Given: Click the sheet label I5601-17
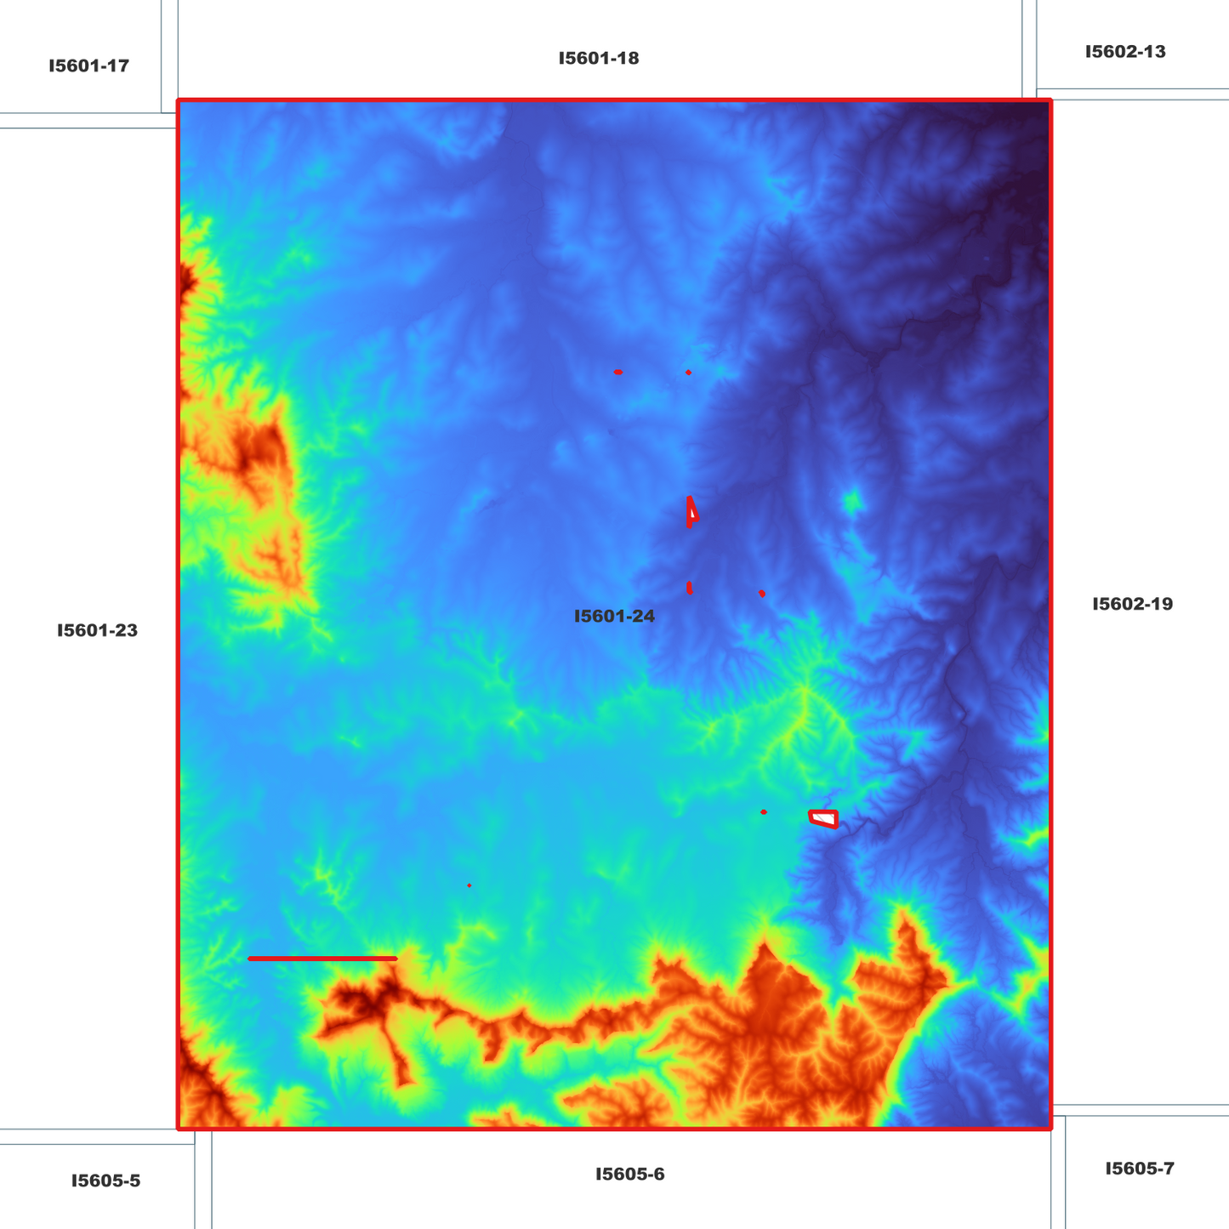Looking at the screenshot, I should coord(88,65).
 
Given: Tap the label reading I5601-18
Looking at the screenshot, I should coord(599,59).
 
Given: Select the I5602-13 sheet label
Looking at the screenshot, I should coord(1125,52).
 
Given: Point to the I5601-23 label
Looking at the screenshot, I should coord(97,631).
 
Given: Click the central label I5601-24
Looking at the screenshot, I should coord(614,616).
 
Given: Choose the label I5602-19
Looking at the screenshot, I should coord(1132,604).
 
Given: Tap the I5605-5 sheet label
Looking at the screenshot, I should coord(105,1181).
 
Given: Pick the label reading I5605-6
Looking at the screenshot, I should coord(629,1175).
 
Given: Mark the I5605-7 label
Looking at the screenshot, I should coord(1140,1169).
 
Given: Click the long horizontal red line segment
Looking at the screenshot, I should coord(322,959).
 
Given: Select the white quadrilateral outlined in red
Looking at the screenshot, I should coord(823,818).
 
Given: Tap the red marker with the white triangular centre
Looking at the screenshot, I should coord(692,512).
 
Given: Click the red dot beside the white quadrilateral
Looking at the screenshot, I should coord(764,812).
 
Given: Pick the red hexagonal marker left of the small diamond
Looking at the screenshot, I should coord(618,372).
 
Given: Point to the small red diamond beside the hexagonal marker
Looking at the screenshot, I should coord(688,373).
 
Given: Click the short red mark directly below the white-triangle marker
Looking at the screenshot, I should coord(690,588).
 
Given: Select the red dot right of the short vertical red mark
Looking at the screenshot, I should coord(762,593).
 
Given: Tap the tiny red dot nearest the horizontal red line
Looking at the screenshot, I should coord(469,885).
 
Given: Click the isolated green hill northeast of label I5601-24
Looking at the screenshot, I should coord(851,503).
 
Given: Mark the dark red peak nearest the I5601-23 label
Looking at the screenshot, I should coord(255,451).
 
